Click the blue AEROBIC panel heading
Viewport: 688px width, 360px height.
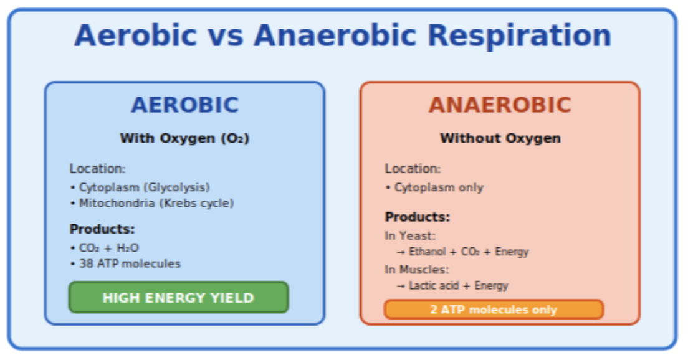tap(184, 105)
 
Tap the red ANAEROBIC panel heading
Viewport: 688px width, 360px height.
tap(500, 105)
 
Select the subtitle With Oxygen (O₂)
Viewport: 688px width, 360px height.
tap(184, 138)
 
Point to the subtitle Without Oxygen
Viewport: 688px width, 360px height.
tap(500, 138)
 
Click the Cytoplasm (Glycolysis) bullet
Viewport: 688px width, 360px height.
tap(144, 187)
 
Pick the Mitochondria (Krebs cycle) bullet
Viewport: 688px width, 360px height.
tap(156, 203)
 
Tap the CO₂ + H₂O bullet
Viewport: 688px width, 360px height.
tap(108, 248)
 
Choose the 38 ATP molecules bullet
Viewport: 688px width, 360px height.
tap(130, 263)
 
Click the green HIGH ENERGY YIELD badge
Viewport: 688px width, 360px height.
tap(178, 298)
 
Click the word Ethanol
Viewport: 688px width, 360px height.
tap(428, 252)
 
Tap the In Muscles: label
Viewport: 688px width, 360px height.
tap(416, 270)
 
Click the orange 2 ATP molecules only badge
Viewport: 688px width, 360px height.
tap(494, 310)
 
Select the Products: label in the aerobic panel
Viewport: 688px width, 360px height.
tap(102, 229)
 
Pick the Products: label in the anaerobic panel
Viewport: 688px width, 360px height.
tap(418, 217)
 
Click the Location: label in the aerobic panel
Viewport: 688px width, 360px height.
tap(97, 168)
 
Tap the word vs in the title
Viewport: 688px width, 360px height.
tap(225, 36)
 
